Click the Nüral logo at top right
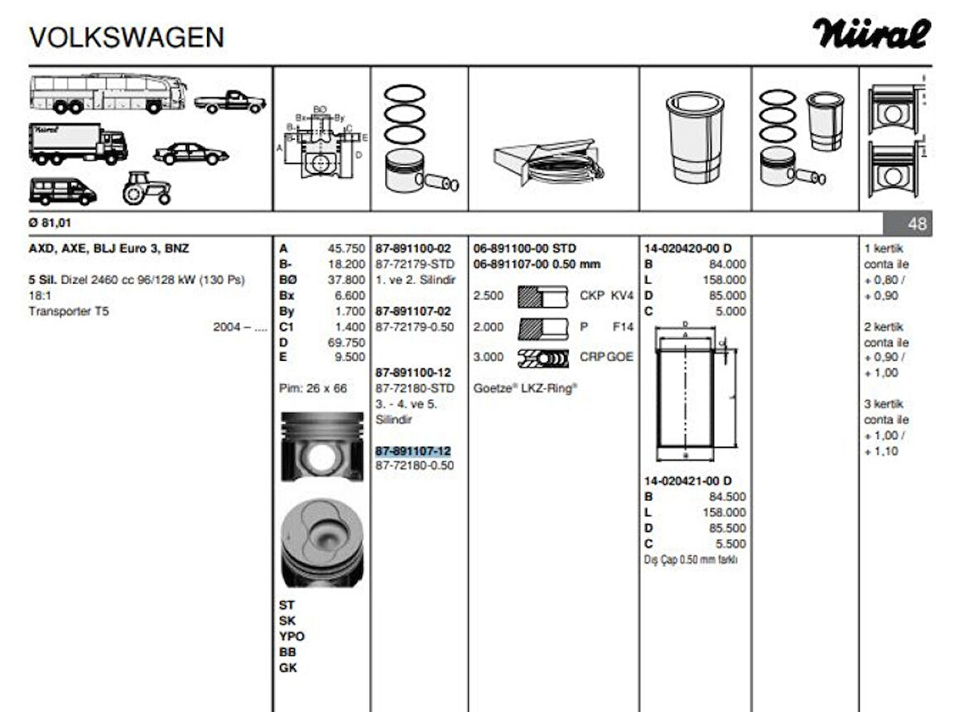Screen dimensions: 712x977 pos(871,35)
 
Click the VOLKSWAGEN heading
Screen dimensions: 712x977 pos(126,37)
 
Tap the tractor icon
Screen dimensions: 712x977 pos(147,189)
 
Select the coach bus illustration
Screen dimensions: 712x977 pos(108,93)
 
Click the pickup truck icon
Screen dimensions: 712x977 pos(230,101)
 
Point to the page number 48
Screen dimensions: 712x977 pos(917,224)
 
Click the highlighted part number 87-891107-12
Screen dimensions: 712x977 pos(413,450)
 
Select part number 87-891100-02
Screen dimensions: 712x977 pos(413,248)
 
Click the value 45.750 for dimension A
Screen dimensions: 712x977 pos(346,248)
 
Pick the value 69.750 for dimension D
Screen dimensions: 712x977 pos(346,342)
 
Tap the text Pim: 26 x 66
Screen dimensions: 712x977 pos(314,388)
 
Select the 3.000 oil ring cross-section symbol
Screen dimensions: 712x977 pos(542,358)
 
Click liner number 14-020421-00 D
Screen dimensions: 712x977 pos(688,481)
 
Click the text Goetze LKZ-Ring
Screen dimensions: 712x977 pos(525,387)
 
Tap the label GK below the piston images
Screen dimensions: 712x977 pos(288,667)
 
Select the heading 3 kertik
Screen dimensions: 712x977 pos(883,404)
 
